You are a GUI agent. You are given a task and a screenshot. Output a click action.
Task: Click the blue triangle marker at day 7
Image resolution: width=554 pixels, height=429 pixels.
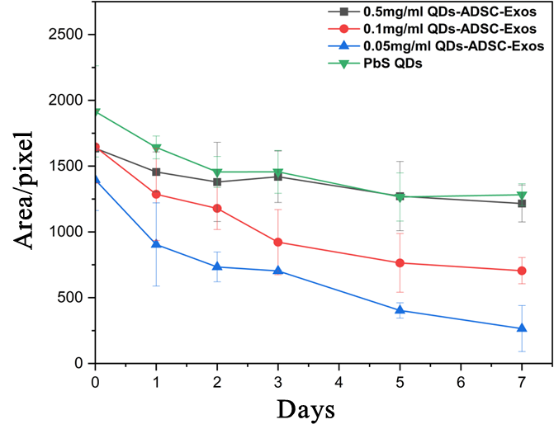coord(522,328)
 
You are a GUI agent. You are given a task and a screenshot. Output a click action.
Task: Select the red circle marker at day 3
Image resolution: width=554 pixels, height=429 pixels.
coord(278,242)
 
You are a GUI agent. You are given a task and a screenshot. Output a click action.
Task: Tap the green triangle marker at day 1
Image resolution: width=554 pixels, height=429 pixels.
coord(156,148)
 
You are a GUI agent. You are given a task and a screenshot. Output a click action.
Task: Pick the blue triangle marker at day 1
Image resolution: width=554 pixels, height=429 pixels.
coord(156,244)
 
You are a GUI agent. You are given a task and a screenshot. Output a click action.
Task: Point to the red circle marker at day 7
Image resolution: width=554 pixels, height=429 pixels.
coord(522,271)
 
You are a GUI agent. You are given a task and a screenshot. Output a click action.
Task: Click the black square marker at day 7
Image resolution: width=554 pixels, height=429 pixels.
coord(522,203)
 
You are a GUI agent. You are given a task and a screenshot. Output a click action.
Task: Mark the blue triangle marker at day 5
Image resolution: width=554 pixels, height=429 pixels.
coord(400,310)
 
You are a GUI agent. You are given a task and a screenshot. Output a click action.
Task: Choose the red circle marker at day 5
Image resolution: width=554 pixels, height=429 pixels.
coord(400,262)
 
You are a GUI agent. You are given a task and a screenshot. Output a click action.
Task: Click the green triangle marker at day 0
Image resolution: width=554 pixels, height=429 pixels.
coord(96,113)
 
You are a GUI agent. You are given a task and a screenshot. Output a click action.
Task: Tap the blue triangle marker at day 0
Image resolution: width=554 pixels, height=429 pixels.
coord(96,178)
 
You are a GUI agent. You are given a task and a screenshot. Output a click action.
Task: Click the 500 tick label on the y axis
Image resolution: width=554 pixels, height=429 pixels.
coord(73,298)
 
